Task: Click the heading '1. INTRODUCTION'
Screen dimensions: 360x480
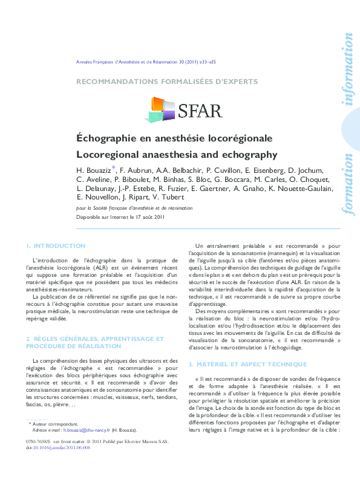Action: [x=56, y=246]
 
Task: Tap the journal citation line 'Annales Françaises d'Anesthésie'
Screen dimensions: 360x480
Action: [x=145, y=62]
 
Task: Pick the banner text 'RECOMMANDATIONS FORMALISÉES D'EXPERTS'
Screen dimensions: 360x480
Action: [x=166, y=81]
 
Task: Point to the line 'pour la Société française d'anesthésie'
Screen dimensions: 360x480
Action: [x=134, y=207]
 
